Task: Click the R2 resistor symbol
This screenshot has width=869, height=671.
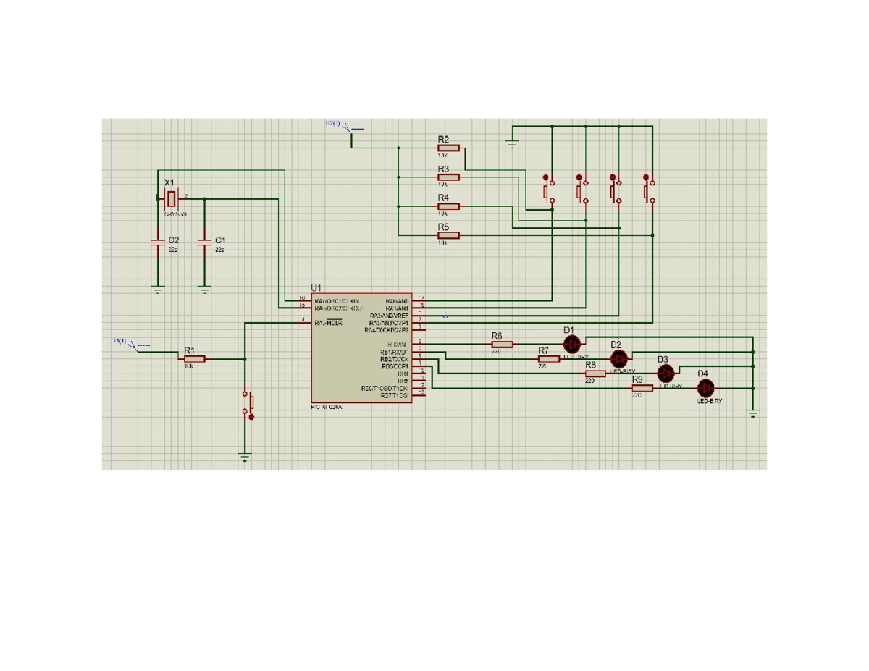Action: [x=448, y=147]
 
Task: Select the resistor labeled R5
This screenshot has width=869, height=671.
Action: [x=448, y=235]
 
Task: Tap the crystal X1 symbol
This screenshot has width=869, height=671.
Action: [x=172, y=198]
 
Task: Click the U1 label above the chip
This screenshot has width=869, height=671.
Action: [x=316, y=288]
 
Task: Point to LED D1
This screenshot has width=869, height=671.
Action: [x=572, y=345]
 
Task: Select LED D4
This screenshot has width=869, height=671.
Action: [x=705, y=388]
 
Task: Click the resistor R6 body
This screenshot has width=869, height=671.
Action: [x=501, y=344]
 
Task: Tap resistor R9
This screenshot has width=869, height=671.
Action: [x=642, y=388]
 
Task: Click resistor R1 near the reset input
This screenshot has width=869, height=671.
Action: [x=194, y=358]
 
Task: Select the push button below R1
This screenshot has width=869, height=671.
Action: [x=248, y=405]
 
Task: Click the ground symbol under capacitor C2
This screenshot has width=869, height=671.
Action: [x=158, y=290]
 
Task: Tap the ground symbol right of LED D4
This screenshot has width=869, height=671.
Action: [x=753, y=414]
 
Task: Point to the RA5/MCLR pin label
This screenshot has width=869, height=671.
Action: [x=329, y=323]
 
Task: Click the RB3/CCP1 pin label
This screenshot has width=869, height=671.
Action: [x=395, y=366]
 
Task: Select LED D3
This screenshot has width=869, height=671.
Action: [x=666, y=374]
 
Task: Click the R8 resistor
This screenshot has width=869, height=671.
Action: [x=595, y=374]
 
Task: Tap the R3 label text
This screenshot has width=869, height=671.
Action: [x=443, y=169]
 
